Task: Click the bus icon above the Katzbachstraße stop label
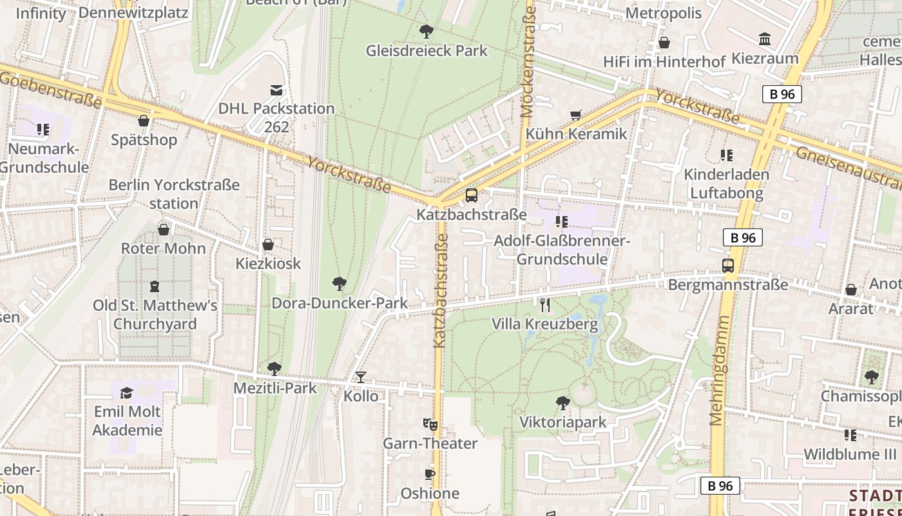coord(472,195)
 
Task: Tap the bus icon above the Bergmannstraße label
coord(728,265)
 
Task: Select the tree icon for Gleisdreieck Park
coord(426,31)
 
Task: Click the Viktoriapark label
coord(563,422)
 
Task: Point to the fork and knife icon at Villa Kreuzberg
coord(545,304)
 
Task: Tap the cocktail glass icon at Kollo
coord(361,377)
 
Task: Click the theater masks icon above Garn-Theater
coord(430,424)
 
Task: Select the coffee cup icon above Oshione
coord(430,475)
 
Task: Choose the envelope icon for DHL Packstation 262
coord(276,90)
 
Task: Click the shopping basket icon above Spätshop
coord(144,121)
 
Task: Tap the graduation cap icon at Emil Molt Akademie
coord(127,393)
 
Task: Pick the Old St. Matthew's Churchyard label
coord(155,314)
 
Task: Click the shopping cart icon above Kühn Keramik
coord(576,115)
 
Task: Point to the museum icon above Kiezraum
coord(765,39)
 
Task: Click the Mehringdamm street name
coord(719,370)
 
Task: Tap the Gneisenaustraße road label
coord(848,166)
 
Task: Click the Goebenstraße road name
coord(52,89)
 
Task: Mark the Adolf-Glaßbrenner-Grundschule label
coord(562,250)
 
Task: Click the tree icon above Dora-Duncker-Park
coord(340,283)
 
